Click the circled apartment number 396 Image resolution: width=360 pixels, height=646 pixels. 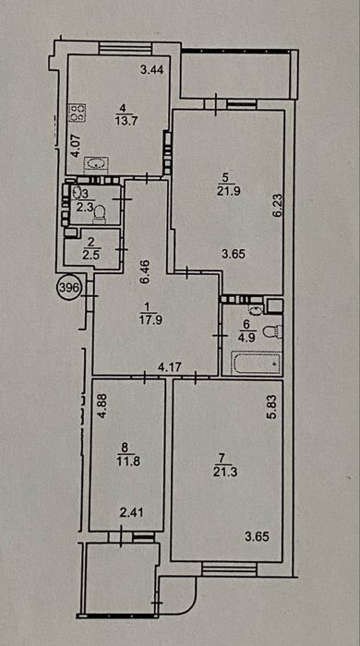pos(68,288)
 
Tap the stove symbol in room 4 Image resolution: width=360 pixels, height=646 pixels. pos(78,113)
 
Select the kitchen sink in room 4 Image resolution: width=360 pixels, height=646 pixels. pos(96,164)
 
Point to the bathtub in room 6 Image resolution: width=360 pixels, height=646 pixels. pos(257,363)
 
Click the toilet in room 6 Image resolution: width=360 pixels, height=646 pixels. pos(273,331)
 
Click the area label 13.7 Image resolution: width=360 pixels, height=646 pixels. pos(122,121)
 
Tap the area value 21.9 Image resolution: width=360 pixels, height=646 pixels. pos(226,191)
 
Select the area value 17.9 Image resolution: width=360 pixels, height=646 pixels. pos(150,320)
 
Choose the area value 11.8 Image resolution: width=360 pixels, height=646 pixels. pos(128,461)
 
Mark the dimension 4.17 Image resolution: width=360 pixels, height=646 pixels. pos(170,367)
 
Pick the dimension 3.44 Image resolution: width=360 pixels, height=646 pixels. pos(152,70)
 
